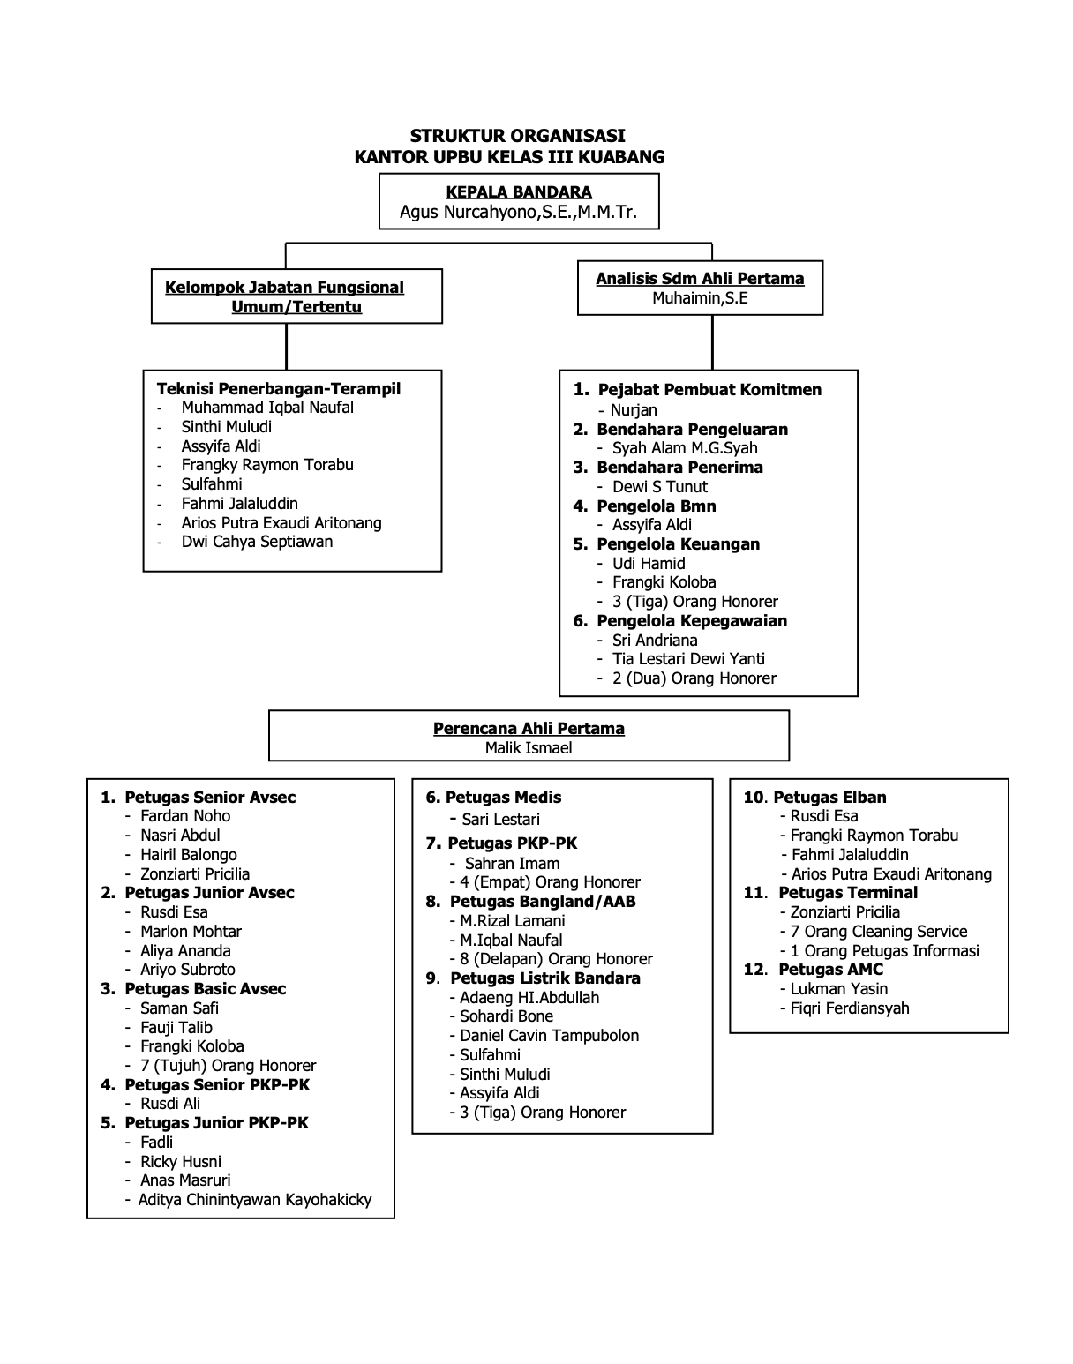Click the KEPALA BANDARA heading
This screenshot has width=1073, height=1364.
coord(518,192)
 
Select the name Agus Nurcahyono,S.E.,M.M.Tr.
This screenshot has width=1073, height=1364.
coord(518,213)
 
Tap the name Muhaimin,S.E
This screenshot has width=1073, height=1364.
coord(700,298)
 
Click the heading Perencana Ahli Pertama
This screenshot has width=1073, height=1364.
coord(529,729)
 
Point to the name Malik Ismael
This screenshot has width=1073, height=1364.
coord(529,748)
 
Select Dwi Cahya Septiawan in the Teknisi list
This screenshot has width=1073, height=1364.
coord(257,542)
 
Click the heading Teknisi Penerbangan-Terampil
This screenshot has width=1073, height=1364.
coord(278,389)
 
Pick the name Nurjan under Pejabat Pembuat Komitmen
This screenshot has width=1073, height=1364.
coord(634,410)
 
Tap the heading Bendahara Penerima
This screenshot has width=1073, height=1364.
coord(679,468)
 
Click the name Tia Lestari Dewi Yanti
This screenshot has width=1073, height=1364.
coord(688,659)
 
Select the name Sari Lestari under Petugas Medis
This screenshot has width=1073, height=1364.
coord(500,820)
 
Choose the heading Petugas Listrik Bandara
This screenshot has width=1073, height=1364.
coord(544,978)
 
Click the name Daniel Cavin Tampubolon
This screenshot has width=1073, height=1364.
coord(549,1036)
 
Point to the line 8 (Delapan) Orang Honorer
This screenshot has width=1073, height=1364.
coord(556,959)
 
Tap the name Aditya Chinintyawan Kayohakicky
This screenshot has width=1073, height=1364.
coord(254,1200)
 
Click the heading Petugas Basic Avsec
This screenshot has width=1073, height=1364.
coord(205,989)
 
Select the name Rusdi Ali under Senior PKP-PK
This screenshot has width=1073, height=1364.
coord(170,1104)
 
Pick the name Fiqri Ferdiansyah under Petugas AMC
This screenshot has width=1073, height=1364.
coord(849,1008)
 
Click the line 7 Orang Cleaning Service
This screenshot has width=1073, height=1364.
coord(878,932)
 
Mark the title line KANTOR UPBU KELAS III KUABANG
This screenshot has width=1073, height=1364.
coord(509,158)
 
